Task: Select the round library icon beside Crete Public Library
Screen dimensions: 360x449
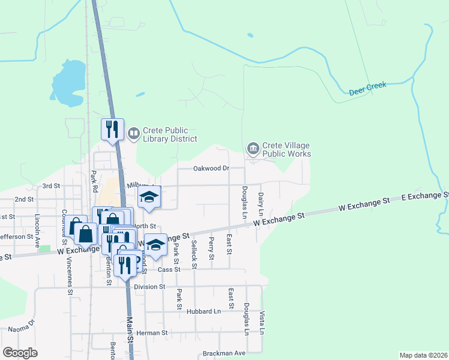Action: (x=134, y=132)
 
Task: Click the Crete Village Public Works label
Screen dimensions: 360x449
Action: (x=286, y=150)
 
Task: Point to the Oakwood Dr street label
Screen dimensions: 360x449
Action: (x=211, y=169)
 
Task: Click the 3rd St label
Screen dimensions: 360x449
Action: (x=52, y=186)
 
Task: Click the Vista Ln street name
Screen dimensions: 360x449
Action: (x=262, y=322)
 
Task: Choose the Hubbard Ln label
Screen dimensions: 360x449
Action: (x=203, y=312)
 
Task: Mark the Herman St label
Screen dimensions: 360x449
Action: (x=152, y=332)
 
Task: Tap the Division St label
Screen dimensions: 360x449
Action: (x=149, y=287)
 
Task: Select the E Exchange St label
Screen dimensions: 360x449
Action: (x=424, y=196)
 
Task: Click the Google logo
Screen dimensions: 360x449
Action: (x=20, y=352)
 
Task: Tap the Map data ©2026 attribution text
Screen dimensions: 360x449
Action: (x=423, y=355)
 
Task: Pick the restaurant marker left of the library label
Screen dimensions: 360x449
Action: (x=112, y=130)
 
